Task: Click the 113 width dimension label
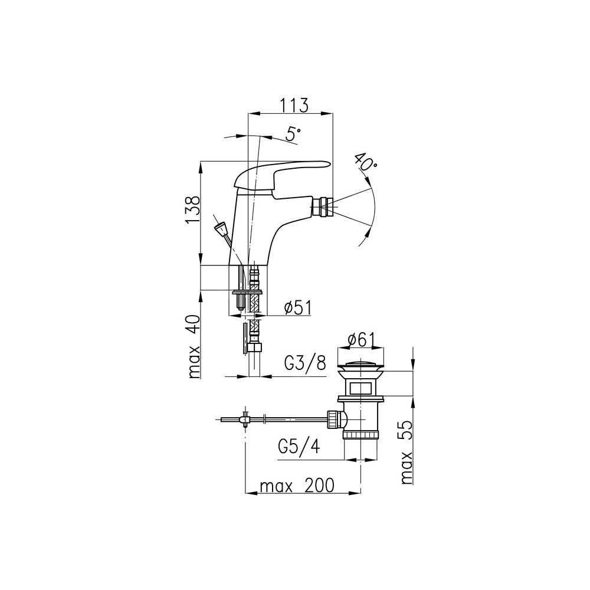(x=294, y=105)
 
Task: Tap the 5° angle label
(x=293, y=135)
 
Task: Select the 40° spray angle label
(x=365, y=162)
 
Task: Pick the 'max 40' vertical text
(x=193, y=346)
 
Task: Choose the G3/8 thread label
(x=305, y=363)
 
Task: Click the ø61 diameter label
(x=361, y=340)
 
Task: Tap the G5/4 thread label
(x=299, y=447)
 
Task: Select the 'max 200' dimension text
(x=297, y=486)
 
